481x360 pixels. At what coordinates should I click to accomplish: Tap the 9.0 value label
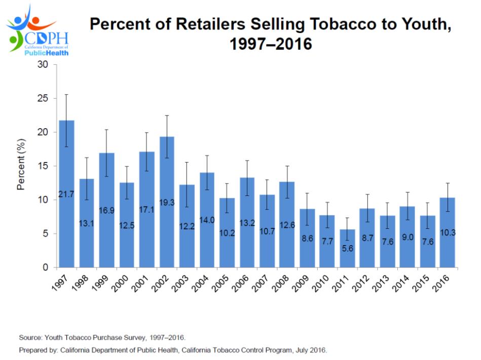[407, 237]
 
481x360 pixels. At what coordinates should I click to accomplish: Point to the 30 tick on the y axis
[45, 65]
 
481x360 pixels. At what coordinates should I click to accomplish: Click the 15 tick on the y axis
[45, 166]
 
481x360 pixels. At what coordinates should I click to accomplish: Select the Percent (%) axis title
[21, 166]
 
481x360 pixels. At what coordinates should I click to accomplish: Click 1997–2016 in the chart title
[271, 45]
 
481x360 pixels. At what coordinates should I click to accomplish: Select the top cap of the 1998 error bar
[86, 157]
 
